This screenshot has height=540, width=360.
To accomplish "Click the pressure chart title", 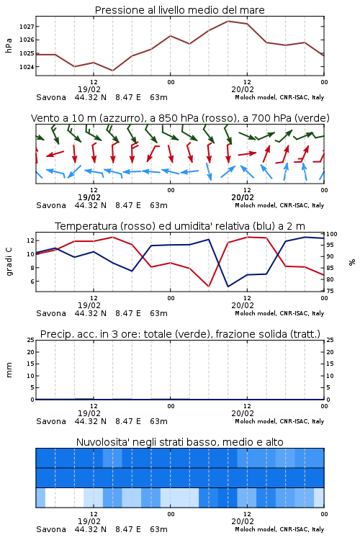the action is (x=179, y=10).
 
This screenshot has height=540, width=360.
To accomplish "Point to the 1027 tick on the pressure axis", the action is (x=27, y=27).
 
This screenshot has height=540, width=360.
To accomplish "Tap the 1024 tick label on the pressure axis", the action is (x=27, y=67).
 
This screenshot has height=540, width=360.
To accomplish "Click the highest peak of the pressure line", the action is (x=228, y=21).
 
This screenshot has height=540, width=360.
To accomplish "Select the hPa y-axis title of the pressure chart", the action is (x=9, y=45).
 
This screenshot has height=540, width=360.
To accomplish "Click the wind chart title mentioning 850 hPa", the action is (x=180, y=118).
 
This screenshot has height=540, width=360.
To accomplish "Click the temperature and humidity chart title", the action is (x=180, y=226).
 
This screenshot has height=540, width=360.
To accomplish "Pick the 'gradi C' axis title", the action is (x=9, y=262).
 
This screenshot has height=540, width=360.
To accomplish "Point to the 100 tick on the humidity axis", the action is (x=332, y=234).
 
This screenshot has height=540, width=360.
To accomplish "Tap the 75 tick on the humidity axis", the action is (x=330, y=291).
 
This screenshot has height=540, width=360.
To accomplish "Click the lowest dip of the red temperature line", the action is (x=209, y=286).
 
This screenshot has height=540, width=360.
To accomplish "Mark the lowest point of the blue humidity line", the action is (x=228, y=287).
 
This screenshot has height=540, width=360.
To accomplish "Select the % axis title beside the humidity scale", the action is (x=352, y=262).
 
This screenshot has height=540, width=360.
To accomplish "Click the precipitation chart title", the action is (x=180, y=334).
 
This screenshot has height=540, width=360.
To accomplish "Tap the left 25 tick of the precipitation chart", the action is (x=31, y=341).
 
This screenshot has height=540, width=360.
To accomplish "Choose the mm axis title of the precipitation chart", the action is (x=9, y=370).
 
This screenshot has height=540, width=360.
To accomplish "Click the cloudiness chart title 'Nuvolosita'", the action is (x=179, y=442).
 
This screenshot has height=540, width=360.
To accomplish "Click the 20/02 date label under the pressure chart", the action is (x=243, y=89).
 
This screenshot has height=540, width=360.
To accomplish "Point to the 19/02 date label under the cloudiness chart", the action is (x=89, y=521).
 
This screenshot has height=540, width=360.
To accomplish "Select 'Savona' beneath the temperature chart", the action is (x=51, y=313).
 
